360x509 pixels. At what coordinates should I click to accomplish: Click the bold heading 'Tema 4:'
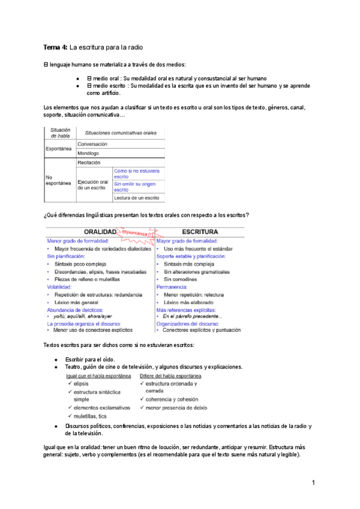pyautogui.click(x=56, y=47)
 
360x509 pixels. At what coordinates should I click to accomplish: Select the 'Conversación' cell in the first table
pyautogui.click(x=92, y=144)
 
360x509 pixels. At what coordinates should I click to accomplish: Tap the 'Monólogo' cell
pyautogui.click(x=88, y=153)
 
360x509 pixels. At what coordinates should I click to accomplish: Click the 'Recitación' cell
pyautogui.click(x=89, y=163)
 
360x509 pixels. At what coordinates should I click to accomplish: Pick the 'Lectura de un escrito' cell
pyautogui.click(x=136, y=197)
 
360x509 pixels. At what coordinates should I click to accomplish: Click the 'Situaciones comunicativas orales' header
pyautogui.click(x=121, y=133)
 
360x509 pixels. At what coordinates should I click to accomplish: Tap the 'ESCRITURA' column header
pyautogui.click(x=200, y=231)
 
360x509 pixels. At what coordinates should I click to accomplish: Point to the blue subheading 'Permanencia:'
pyautogui.click(x=172, y=287)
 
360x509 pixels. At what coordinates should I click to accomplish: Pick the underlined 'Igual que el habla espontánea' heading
pyautogui.click(x=98, y=376)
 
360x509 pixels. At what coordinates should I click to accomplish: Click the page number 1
pyautogui.click(x=313, y=483)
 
